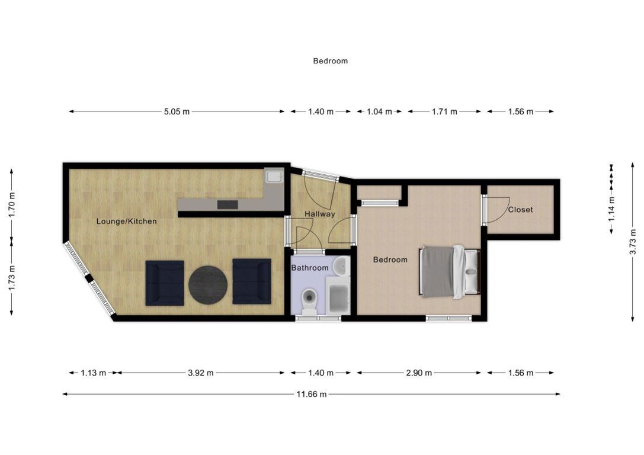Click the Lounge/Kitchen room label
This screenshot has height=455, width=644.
tap(127, 222)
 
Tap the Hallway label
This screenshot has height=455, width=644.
tap(319, 214)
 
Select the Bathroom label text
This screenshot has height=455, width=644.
tap(310, 268)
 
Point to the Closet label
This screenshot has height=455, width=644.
tap(520, 210)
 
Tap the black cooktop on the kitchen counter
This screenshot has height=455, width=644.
tap(228, 204)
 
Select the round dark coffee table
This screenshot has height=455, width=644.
tap(208, 285)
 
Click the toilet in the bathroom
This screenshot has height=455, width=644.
tap(309, 302)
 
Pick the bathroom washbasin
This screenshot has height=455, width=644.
tap(341, 266)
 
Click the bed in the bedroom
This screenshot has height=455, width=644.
tap(450, 272)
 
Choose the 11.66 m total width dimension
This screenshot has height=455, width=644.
tap(312, 394)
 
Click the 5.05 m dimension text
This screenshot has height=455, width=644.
tap(177, 112)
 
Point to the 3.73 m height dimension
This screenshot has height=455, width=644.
tap(633, 242)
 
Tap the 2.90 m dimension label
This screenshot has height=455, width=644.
tap(419, 373)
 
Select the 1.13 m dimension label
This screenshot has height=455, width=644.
tap(93, 373)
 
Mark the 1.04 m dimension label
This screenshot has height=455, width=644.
tap(379, 112)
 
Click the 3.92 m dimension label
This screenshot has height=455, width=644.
tap(201, 373)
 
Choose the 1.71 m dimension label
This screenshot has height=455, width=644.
tap(444, 112)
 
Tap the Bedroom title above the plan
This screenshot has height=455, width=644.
tap(330, 61)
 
